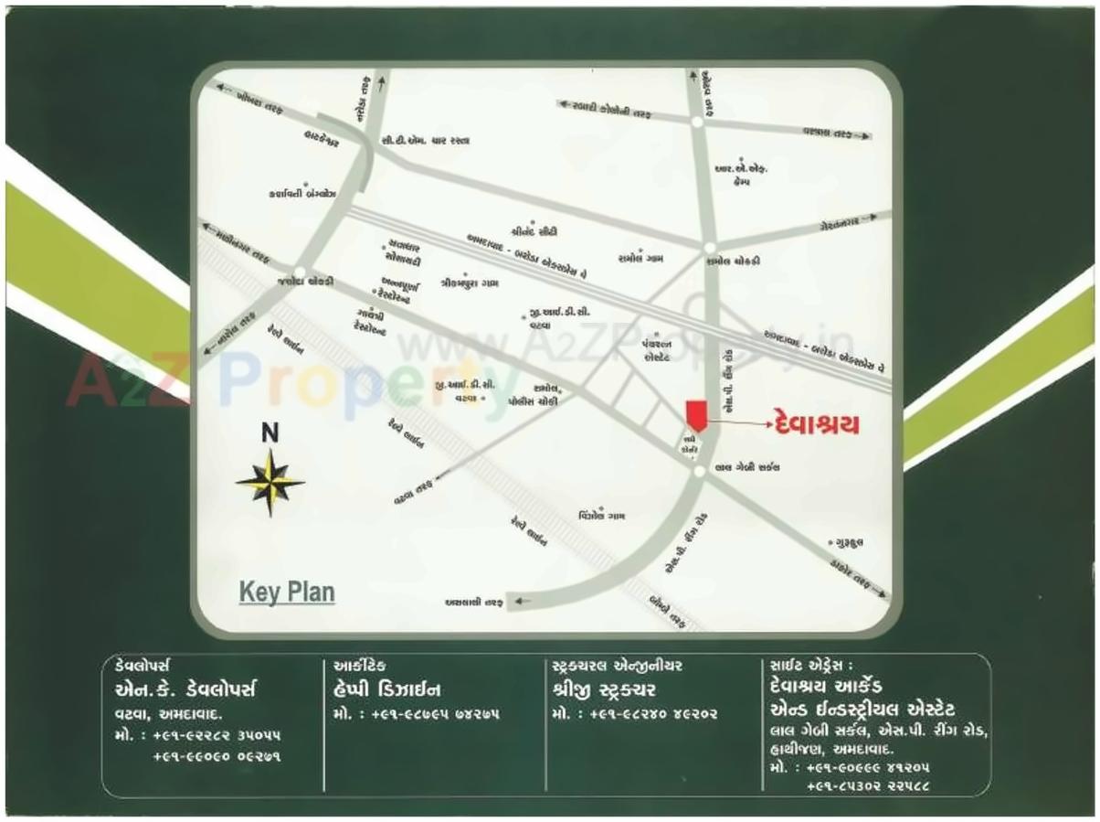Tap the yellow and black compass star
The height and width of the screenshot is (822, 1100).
[270, 482]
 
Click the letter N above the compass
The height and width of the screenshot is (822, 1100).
[270, 434]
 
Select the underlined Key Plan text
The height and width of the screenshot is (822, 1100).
[287, 592]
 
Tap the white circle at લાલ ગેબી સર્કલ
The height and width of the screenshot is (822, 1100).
[699, 471]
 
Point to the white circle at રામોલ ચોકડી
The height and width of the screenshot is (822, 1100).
[709, 248]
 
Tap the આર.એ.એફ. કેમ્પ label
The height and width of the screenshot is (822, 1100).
[741, 175]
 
